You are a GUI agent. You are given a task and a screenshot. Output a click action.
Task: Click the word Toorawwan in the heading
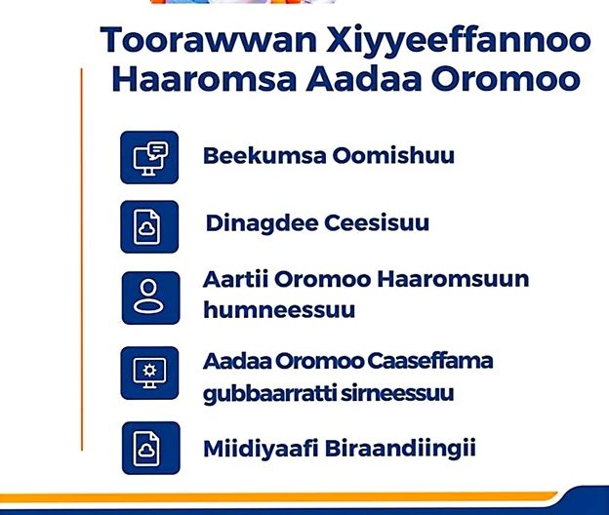coord(209,40)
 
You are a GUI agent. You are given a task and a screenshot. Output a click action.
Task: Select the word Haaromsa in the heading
coord(204,79)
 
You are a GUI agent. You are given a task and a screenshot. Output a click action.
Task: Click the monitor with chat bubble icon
coord(149,157)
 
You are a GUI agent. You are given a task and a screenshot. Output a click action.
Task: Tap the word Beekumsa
coord(264,155)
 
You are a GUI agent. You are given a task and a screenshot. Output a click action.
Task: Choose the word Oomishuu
coord(393,155)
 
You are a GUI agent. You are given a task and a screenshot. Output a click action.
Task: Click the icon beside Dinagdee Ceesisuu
coord(149,226)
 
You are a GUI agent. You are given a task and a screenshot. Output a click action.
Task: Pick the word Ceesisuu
coord(377,223)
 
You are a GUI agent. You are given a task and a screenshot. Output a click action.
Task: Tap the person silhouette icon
coord(150,297)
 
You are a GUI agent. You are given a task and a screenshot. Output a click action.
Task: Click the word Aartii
coord(235,279)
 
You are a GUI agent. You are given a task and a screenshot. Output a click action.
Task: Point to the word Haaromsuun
coord(453,279)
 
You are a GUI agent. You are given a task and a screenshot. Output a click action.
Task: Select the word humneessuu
coord(279,310)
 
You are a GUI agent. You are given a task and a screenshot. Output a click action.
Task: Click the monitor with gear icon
coord(149,373)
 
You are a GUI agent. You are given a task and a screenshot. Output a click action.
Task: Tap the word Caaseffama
coord(429,361)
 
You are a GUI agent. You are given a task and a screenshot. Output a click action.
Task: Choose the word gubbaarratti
coord(269,394)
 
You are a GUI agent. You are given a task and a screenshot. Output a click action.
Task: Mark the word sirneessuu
coord(397,393)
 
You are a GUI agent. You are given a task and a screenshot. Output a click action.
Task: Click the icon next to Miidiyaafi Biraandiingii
coord(151,448)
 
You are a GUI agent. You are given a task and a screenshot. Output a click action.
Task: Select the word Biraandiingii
coord(400,450)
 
